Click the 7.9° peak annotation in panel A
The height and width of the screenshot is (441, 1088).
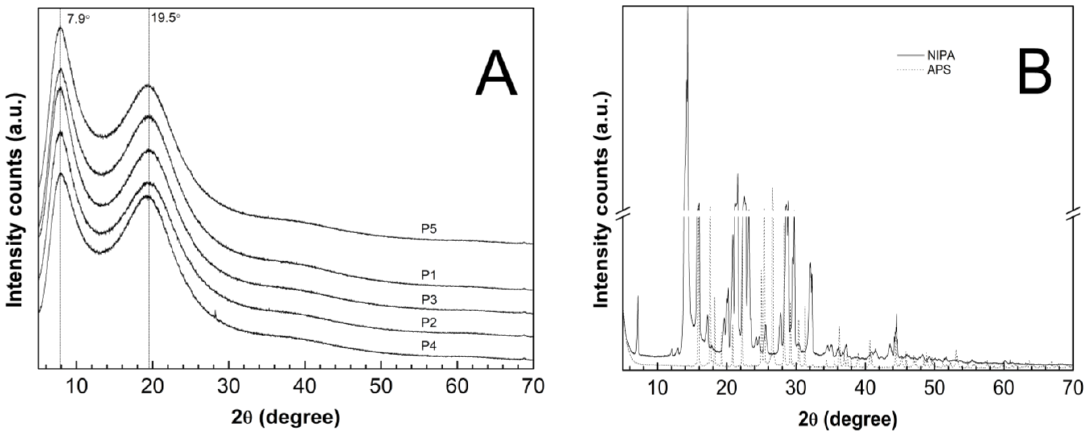tap(79, 19)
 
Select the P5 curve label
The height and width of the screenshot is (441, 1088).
tap(429, 229)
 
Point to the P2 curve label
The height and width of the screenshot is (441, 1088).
tap(429, 322)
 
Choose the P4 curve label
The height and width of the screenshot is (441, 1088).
tap(429, 346)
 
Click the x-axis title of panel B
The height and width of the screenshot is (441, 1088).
tap(848, 419)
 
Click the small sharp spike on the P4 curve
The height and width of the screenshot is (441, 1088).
tap(216, 314)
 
